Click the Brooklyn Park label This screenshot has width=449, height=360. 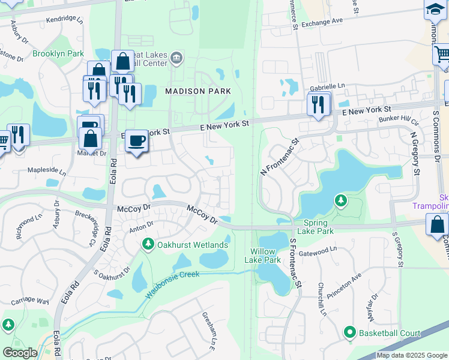(x=58, y=54)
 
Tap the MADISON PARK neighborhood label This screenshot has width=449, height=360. (x=189, y=91)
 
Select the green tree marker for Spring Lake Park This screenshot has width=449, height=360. (x=341, y=200)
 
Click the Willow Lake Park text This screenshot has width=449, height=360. (x=263, y=256)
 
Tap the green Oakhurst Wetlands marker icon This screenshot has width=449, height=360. (x=148, y=244)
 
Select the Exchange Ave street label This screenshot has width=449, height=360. (x=322, y=22)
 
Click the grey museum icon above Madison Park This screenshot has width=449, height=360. (x=176, y=58)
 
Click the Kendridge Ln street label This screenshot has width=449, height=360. (x=64, y=20)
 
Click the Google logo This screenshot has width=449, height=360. (x=20, y=352)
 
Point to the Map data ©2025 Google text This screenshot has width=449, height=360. (x=411, y=355)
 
